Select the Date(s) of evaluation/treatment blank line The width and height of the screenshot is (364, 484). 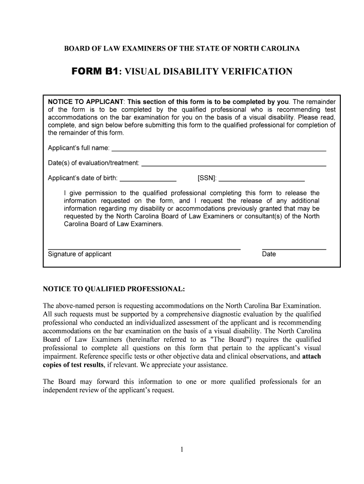(x=234, y=165)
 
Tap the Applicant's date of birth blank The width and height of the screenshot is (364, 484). (x=148, y=181)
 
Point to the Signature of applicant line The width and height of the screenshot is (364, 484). (x=144, y=248)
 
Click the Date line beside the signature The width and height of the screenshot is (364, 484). (x=294, y=248)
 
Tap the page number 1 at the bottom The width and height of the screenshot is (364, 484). (x=182, y=449)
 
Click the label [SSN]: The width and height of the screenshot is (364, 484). (x=207, y=178)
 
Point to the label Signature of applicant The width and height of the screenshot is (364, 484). (x=79, y=254)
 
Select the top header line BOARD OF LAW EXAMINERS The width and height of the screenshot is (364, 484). (x=182, y=49)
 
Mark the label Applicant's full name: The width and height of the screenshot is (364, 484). (x=79, y=148)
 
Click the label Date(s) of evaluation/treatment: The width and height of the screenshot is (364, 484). (x=94, y=163)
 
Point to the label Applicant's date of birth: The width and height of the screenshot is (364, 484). (x=83, y=178)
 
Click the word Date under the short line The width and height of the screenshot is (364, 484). (x=269, y=254)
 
